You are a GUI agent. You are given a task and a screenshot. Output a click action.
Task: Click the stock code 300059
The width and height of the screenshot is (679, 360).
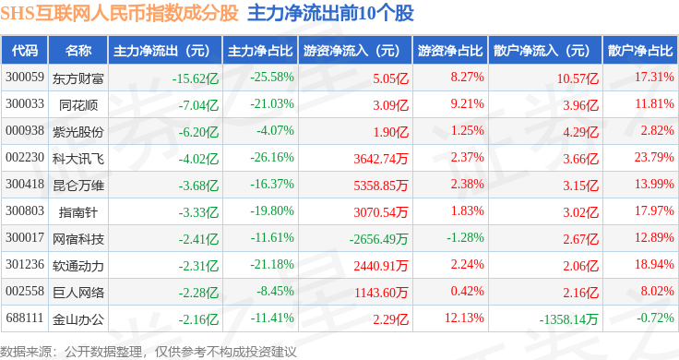(x=25, y=78)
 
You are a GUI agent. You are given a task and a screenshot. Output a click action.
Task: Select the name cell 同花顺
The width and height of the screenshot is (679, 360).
(x=78, y=105)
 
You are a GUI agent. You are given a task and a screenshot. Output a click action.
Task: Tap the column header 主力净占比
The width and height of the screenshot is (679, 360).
(x=260, y=51)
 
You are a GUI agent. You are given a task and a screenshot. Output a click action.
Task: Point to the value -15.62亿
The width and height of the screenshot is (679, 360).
(x=196, y=78)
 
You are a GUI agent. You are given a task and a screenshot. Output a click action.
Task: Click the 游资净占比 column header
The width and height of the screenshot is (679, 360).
(x=450, y=51)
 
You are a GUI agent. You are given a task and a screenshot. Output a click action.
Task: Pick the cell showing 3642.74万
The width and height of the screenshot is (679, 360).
(x=381, y=159)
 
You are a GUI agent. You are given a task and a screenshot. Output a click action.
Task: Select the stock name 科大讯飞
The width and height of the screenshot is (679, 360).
(x=78, y=159)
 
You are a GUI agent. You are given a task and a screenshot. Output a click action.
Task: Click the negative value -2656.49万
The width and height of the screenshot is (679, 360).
(x=378, y=239)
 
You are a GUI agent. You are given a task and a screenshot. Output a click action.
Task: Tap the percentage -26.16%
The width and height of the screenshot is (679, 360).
(x=272, y=157)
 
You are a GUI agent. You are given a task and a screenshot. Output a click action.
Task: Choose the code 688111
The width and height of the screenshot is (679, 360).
(x=25, y=318)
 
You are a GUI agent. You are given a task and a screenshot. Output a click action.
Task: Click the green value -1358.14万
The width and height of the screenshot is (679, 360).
(x=568, y=319)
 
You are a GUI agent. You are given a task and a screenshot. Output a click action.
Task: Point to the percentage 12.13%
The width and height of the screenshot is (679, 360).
(x=464, y=318)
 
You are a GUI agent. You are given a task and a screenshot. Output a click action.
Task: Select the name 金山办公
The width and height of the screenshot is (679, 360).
(x=78, y=319)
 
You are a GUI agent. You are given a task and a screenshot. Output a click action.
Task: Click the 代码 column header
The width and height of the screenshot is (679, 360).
(x=25, y=51)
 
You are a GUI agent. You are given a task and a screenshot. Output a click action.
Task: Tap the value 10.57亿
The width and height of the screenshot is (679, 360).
(x=578, y=78)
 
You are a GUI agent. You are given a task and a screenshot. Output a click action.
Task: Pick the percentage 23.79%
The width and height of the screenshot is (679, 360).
(x=654, y=157)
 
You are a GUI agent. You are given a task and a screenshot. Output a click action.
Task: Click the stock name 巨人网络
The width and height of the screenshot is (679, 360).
(x=78, y=293)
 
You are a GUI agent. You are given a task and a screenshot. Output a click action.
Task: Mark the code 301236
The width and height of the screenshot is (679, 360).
(x=25, y=264)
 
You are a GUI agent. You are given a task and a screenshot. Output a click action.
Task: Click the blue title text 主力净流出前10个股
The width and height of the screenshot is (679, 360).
(x=331, y=14)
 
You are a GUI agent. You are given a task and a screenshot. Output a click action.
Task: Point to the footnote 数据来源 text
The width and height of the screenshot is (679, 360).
(x=26, y=352)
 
